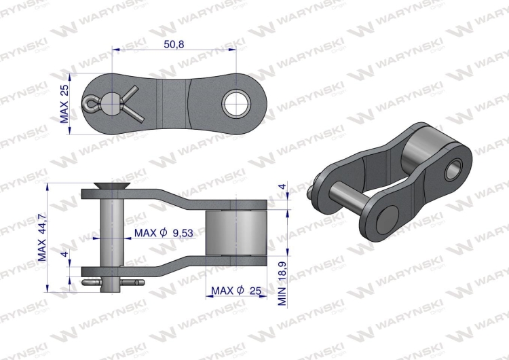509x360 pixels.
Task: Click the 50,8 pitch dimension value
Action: (x=174, y=44)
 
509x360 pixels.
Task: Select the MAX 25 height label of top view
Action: (x=64, y=104)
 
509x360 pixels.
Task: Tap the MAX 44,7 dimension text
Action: (x=43, y=238)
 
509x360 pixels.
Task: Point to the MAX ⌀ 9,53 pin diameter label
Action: (x=164, y=232)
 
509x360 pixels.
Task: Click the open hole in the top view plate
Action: (x=236, y=103)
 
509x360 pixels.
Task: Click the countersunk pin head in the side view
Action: (x=112, y=185)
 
